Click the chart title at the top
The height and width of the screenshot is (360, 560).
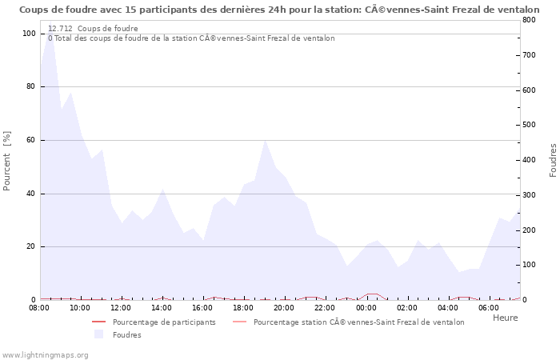(x=279, y=10)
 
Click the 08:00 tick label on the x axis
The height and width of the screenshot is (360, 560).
(x=39, y=307)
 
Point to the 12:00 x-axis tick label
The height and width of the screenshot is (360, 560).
(x=121, y=307)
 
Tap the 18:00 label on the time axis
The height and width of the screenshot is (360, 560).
(x=243, y=307)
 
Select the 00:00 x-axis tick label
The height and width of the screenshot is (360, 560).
(x=366, y=307)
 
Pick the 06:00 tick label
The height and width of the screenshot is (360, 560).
(x=489, y=307)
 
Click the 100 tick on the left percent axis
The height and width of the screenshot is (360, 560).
(x=29, y=34)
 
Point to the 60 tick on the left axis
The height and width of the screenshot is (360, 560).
(x=31, y=140)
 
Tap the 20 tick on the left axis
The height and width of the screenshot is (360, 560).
(x=31, y=246)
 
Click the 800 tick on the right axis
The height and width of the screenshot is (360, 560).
(x=530, y=20)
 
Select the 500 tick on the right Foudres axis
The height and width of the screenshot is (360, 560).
(x=530, y=125)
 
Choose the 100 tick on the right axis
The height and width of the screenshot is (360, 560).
(x=530, y=265)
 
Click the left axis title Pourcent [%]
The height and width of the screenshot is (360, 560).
(x=7, y=161)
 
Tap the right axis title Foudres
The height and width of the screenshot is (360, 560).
(x=553, y=161)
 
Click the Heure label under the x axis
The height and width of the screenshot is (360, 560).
(x=505, y=318)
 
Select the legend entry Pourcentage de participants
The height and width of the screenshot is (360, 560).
(x=164, y=322)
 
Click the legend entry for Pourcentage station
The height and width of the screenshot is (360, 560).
(x=358, y=322)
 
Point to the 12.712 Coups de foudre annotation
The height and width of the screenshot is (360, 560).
(x=93, y=29)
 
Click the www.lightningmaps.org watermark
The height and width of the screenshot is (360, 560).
(x=44, y=354)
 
